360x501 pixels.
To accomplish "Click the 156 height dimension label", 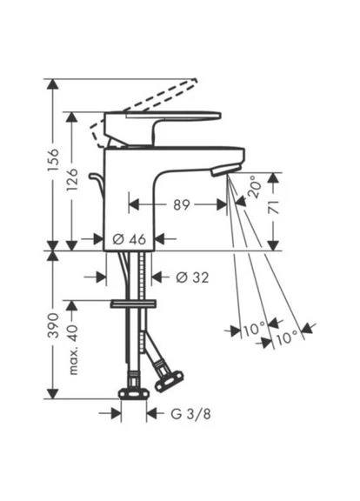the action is point(53,159).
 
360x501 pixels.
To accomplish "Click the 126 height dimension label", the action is point(72,179).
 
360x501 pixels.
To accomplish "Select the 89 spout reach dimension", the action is point(182,204).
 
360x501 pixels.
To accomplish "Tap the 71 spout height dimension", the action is point(273,207).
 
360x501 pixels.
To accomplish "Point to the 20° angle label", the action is point(255,187).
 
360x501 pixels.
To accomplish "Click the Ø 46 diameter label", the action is point(130,239).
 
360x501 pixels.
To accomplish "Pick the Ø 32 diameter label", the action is point(192,277).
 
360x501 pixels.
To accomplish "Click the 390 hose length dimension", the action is point(53,325).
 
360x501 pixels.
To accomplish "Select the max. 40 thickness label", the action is point(72,350).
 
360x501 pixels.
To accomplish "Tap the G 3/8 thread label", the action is point(191,414).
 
